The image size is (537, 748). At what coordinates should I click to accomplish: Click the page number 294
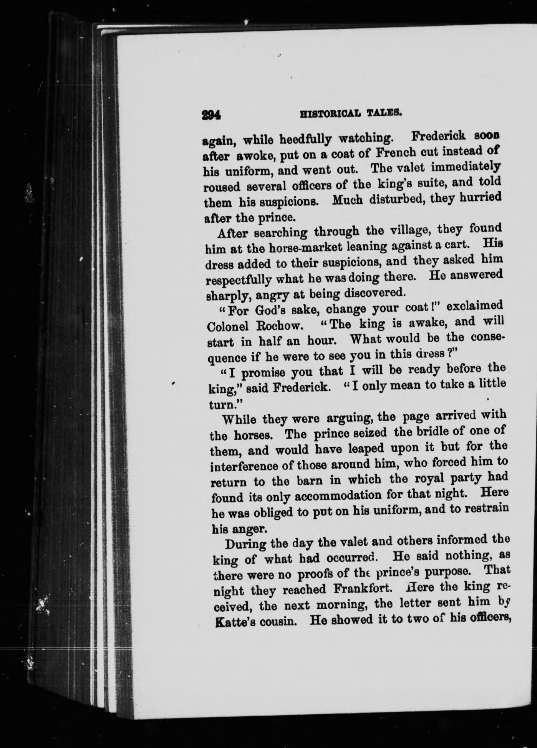tap(210, 115)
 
